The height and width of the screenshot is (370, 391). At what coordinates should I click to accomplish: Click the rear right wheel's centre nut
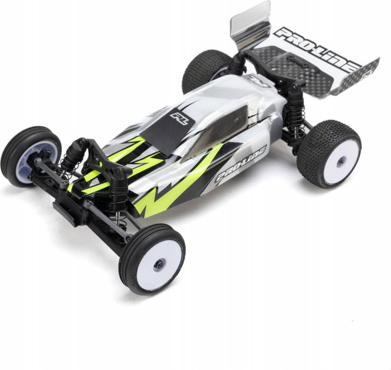coord(340,162)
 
